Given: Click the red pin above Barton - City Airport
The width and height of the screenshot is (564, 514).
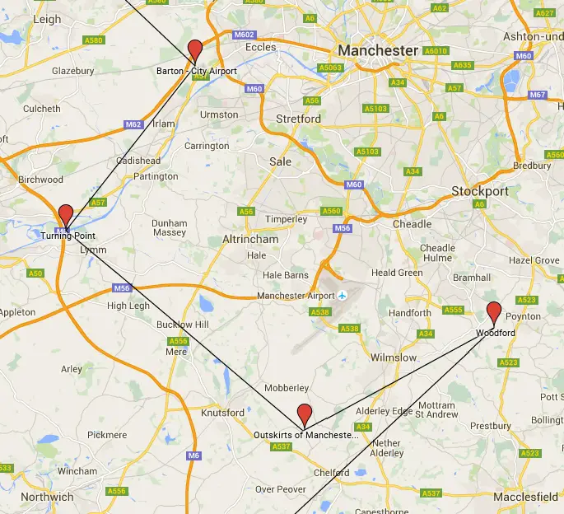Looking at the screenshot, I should [x=195, y=49].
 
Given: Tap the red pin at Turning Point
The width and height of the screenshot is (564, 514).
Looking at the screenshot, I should [x=65, y=215].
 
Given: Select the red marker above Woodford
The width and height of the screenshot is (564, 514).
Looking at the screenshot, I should [x=494, y=312].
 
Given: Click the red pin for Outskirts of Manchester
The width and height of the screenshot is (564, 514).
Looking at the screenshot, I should [x=305, y=414].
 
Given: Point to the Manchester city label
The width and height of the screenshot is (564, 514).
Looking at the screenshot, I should [x=378, y=50].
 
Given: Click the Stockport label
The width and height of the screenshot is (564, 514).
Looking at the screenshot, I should [x=480, y=191].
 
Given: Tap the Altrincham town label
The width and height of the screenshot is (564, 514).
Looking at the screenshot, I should [x=250, y=239].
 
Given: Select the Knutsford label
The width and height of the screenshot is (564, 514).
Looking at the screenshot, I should [x=223, y=412].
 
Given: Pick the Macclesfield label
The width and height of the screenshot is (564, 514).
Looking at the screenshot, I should [x=525, y=497].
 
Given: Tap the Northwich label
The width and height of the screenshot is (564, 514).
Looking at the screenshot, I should [x=47, y=497].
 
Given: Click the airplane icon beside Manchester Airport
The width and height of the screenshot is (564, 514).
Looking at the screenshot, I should [x=343, y=296].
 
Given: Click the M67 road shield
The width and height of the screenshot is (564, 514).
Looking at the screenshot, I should [x=538, y=95].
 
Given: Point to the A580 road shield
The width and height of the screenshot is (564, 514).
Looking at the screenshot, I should [x=94, y=40].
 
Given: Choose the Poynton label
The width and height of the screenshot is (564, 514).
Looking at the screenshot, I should [x=524, y=316].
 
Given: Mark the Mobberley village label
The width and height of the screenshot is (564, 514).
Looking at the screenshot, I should [x=287, y=388].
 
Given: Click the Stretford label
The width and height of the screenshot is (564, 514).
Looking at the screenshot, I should [x=298, y=119].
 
